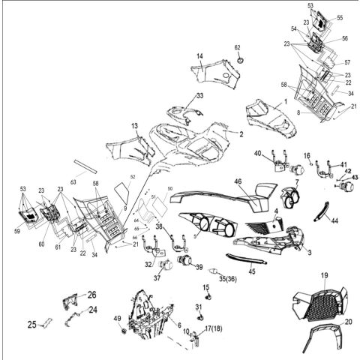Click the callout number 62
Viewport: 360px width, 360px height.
(x=238, y=48)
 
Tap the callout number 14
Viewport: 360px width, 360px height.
(x=200, y=57)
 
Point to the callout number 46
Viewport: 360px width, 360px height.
(x=237, y=181)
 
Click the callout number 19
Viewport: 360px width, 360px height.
(x=325, y=277)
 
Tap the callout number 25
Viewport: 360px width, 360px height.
(x=31, y=325)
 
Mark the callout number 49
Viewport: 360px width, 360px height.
(x=117, y=319)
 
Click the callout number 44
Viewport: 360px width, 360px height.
(x=334, y=222)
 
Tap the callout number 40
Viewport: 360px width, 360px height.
(x=257, y=154)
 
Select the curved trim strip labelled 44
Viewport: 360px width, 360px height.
(x=322, y=211)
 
